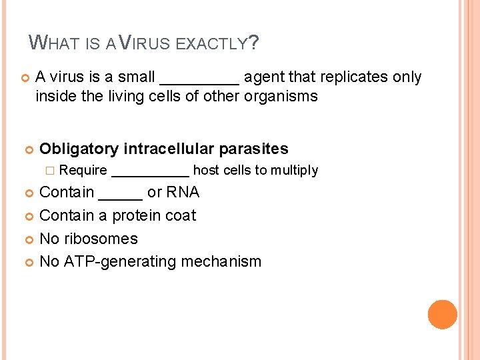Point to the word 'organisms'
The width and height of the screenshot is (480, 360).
(x=281, y=96)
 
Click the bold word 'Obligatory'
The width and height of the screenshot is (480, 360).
(x=79, y=149)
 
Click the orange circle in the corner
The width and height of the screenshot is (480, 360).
(x=443, y=315)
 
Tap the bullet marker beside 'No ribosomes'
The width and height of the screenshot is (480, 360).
(x=28, y=239)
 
